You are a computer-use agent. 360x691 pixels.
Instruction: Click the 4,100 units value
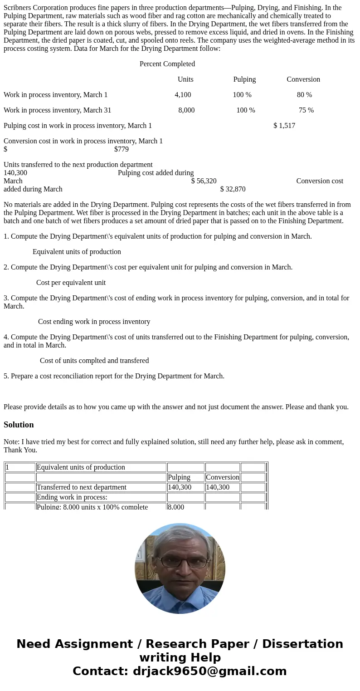click(183, 95)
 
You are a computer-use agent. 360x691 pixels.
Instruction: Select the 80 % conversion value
click(304, 95)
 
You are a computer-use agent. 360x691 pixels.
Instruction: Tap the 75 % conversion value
click(306, 110)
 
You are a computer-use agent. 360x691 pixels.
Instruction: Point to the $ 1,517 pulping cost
click(284, 126)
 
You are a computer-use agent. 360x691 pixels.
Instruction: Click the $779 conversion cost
click(122, 149)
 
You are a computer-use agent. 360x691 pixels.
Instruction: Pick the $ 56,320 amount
click(204, 181)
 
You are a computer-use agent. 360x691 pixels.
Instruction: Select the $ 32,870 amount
click(233, 189)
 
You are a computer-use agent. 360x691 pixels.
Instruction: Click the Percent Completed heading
click(167, 64)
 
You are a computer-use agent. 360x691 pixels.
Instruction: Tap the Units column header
click(185, 79)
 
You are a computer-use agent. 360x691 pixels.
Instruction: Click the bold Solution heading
click(19, 425)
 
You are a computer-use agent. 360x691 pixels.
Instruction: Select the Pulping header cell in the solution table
click(179, 477)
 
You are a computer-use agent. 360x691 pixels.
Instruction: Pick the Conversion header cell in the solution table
click(222, 477)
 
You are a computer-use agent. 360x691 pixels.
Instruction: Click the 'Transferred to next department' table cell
click(82, 487)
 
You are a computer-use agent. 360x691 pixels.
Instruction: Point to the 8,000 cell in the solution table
click(176, 507)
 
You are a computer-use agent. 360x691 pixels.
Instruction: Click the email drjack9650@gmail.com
click(209, 671)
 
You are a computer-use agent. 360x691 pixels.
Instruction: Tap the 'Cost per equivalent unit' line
click(71, 283)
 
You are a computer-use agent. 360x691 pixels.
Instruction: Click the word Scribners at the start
click(19, 8)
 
